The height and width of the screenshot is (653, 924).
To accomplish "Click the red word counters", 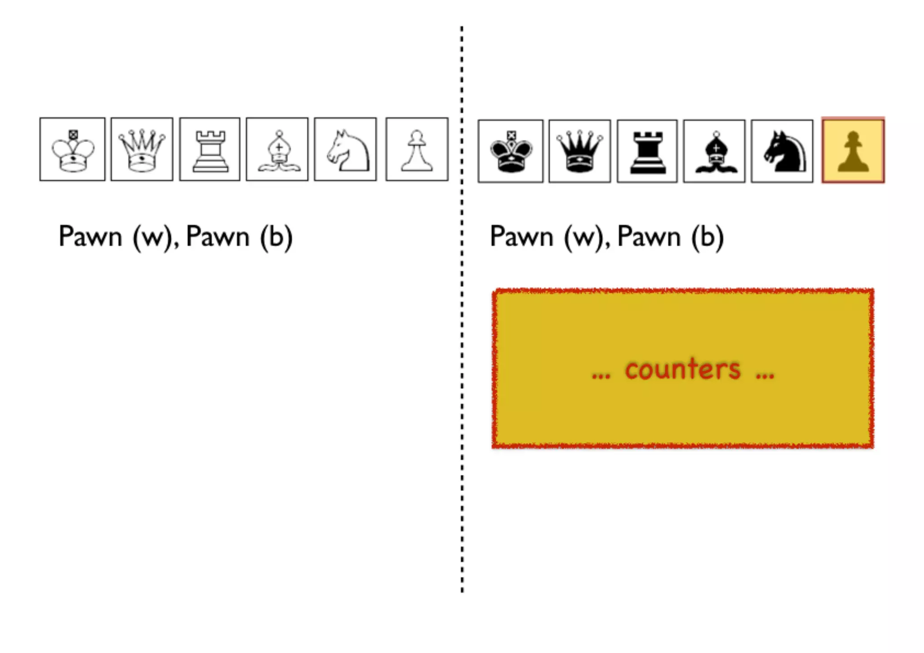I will [x=683, y=370].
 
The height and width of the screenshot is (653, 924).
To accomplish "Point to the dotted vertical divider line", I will [x=462, y=316].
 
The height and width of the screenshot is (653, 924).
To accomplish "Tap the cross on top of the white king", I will [x=73, y=134].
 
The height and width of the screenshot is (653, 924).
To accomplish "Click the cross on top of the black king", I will [x=511, y=135].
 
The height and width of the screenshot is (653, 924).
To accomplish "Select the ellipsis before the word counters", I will [x=601, y=375].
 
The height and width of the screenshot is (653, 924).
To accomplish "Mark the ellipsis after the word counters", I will [x=765, y=375].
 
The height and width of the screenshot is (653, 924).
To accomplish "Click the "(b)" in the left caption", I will [x=276, y=237].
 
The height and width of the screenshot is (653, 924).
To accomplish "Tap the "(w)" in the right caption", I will [x=585, y=237].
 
